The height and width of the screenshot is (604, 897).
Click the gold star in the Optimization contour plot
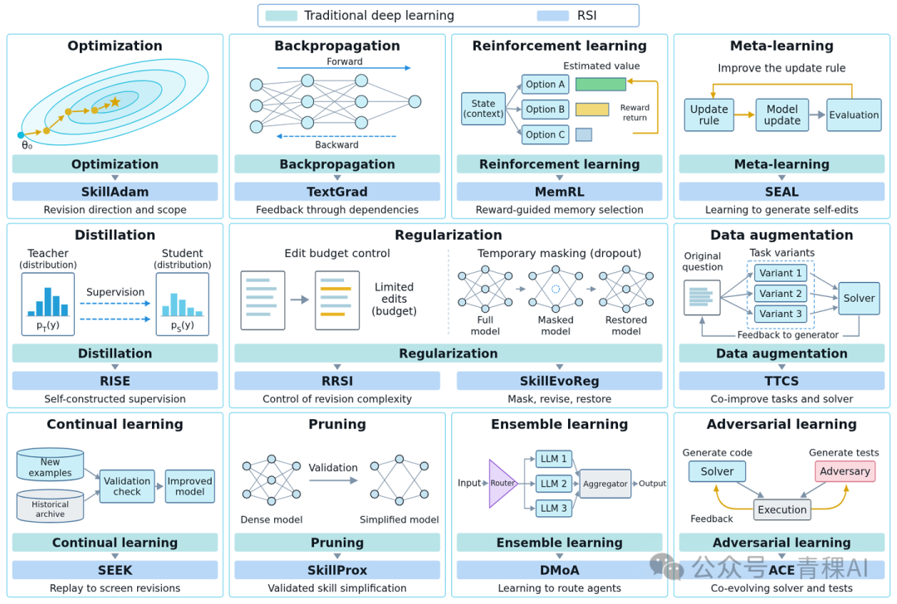coord(115,102)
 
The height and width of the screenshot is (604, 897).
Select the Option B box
coord(545,110)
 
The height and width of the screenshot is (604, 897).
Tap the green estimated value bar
coord(600,85)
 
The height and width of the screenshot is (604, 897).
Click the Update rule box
coord(708,114)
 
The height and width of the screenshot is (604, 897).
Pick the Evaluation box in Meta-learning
coord(854,114)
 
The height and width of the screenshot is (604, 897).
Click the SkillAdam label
coord(115,192)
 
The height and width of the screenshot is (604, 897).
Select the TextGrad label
coord(337,192)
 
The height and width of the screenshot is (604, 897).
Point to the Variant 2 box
coord(780,294)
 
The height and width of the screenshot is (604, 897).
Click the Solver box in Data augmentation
coord(859,299)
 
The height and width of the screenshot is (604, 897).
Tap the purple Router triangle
coord(500,484)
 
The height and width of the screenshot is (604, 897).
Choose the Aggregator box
coord(605,484)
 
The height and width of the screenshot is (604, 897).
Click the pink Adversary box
coord(845,471)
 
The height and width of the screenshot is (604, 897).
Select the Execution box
coord(782,509)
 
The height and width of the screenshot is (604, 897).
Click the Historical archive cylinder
coord(51,506)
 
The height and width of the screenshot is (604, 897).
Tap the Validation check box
coord(127,486)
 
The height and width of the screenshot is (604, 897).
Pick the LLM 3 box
coord(553,508)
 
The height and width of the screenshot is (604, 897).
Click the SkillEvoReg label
coord(559,381)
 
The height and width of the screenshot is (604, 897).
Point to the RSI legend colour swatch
coord(552,16)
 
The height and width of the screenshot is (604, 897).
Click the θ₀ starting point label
coord(27,146)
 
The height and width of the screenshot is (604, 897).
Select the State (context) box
coord(483,109)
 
